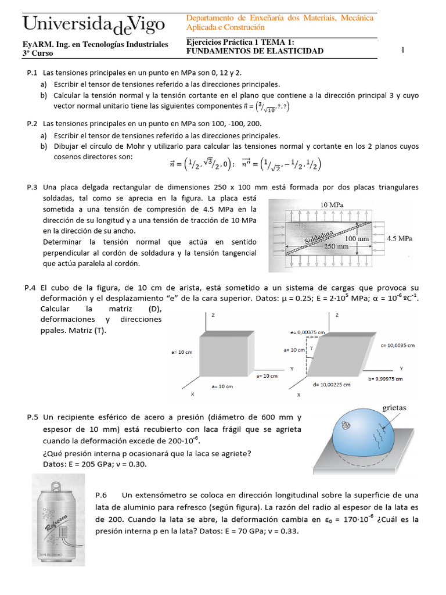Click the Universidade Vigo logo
coord(93,24)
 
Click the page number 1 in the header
coord(402,51)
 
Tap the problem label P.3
coord(32,187)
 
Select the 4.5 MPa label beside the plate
coord(399,238)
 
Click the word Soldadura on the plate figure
coord(318,237)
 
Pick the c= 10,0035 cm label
coord(398,345)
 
